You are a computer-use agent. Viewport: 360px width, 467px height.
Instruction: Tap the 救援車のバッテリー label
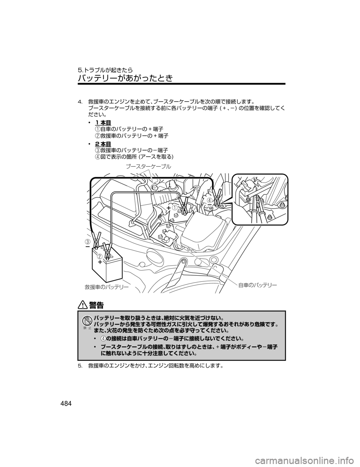tap(106, 287)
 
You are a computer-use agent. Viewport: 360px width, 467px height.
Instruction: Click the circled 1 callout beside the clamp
tap(175, 208)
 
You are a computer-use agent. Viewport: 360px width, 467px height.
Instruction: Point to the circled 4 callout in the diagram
tap(210, 200)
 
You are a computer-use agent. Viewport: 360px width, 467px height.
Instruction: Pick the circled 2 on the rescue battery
tap(100, 256)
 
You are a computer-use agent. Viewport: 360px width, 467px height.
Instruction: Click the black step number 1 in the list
tap(97, 129)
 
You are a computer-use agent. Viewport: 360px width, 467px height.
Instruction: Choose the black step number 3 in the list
tap(97, 150)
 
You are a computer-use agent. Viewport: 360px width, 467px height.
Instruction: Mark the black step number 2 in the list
tap(97, 135)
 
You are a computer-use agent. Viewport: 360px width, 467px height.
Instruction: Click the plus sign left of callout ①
tap(169, 207)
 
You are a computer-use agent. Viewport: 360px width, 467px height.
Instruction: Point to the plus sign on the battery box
tap(100, 263)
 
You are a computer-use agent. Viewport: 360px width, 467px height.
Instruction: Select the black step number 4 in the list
tap(97, 157)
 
